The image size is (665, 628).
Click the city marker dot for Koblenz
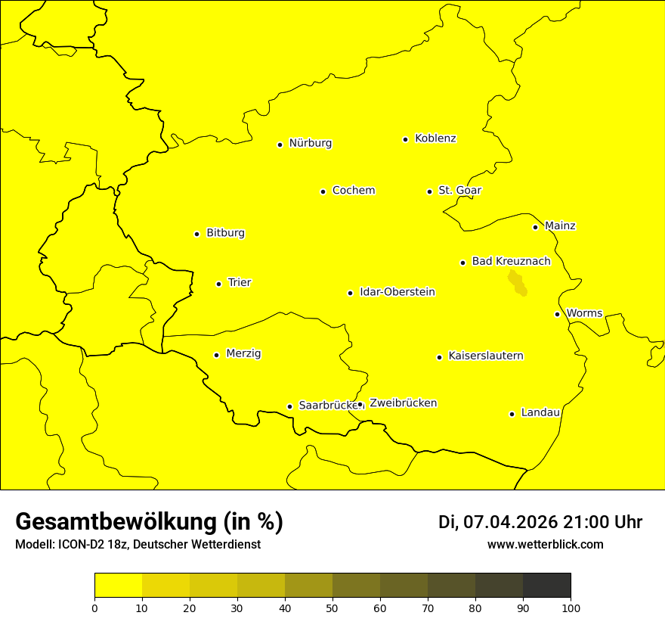406,139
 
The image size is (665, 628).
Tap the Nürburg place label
310,143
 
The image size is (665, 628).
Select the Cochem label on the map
353,191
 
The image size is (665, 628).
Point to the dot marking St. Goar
429,191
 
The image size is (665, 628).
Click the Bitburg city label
225,233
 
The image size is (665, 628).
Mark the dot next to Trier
219,284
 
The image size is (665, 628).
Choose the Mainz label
560,226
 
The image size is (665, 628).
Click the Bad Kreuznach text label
511,262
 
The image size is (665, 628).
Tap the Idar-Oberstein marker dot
351,293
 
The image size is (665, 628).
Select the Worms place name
584,313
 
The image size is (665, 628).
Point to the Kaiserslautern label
485,356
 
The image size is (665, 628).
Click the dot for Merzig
217,355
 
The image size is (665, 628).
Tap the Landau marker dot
512,414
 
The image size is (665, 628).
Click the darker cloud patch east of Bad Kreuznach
517,283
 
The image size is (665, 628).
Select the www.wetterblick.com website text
545,545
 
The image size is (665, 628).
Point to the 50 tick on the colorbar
332,608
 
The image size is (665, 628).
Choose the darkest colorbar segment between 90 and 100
546,585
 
